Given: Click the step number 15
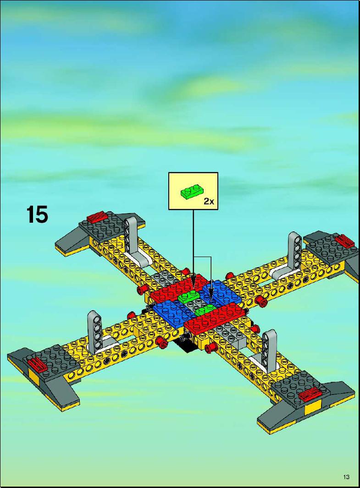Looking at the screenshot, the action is (x=37, y=214).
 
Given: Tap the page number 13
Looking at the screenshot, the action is (x=346, y=477).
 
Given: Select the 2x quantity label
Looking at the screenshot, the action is (x=209, y=201).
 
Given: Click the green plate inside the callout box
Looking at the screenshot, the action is (x=191, y=191).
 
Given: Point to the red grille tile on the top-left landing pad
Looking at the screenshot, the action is (x=97, y=217).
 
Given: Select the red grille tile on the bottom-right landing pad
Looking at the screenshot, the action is (x=310, y=395).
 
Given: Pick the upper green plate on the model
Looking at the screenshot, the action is (x=190, y=297).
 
